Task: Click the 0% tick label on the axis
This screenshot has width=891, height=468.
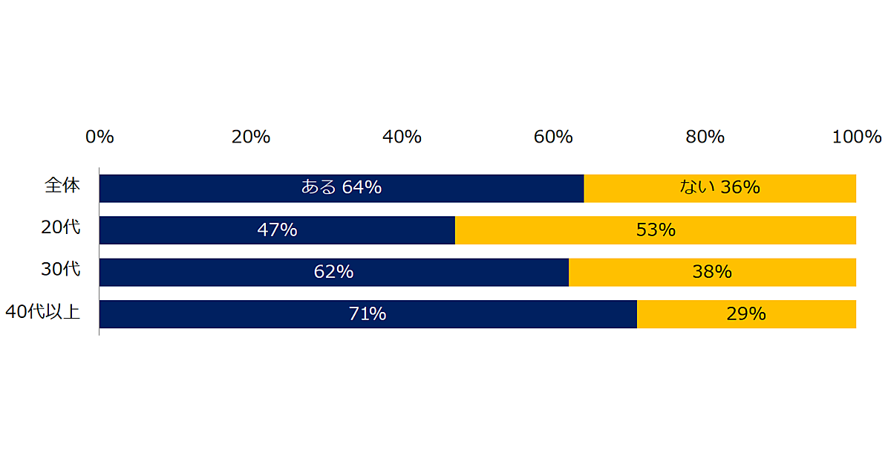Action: tap(99, 137)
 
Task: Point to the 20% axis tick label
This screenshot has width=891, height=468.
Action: tap(250, 137)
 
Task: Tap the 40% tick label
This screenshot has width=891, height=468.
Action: tap(402, 137)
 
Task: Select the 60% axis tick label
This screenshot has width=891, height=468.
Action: tap(553, 137)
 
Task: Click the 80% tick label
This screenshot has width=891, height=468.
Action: tap(705, 137)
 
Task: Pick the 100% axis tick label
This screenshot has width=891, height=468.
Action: tap(857, 137)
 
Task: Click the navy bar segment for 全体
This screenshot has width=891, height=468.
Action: tap(223, 189)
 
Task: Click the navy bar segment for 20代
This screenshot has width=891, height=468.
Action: tap(186, 230)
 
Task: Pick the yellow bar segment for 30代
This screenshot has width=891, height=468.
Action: tap(787, 273)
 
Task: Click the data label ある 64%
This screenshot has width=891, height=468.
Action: tap(341, 188)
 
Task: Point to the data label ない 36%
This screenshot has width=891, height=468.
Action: tap(719, 188)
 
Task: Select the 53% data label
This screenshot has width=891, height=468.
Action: tap(656, 230)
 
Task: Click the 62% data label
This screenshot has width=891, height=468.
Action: tap(333, 273)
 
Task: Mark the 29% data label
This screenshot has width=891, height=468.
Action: tap(746, 314)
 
